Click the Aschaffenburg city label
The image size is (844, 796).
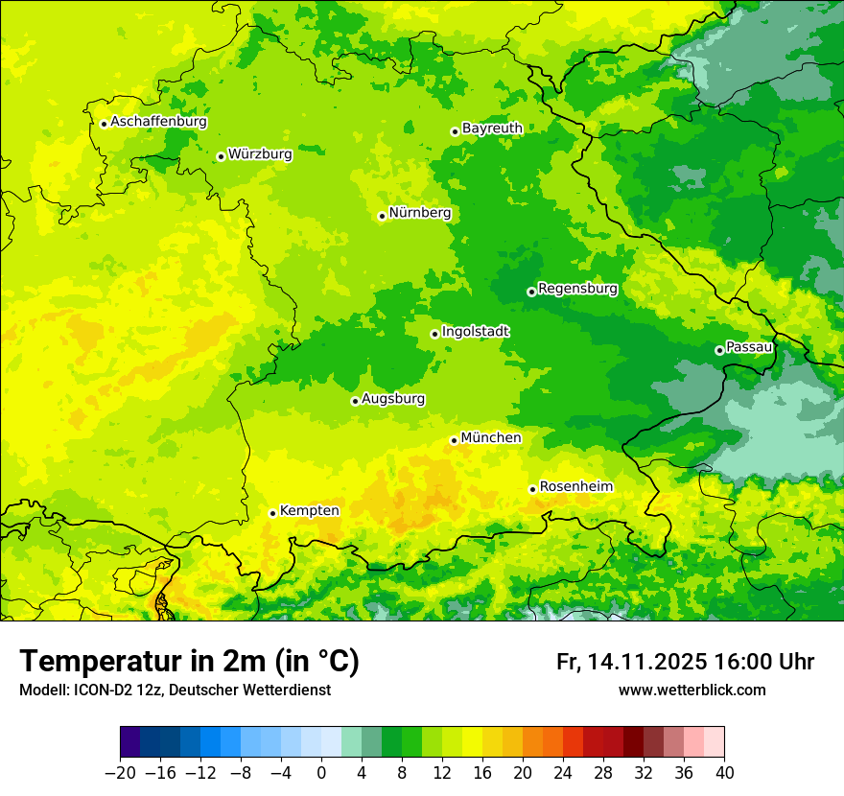tap(158, 122)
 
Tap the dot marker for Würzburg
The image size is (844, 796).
tap(221, 156)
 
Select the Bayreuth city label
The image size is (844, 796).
tap(492, 128)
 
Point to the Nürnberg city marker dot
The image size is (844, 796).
tap(382, 216)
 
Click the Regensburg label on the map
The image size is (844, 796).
tap(577, 288)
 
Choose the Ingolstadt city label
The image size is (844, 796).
tap(475, 331)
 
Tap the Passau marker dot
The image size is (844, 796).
tap(719, 350)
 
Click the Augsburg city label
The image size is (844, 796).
tap(393, 398)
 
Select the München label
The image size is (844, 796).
tap(491, 437)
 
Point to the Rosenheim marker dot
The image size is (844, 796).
tap(532, 489)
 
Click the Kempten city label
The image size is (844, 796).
tap(309, 511)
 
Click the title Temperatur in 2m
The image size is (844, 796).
tap(189, 661)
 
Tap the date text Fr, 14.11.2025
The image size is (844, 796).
tap(632, 662)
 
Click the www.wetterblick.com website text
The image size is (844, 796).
tap(692, 690)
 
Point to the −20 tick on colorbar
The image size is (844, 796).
tap(120, 772)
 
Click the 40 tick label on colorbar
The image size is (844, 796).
tap(724, 772)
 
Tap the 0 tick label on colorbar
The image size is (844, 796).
tap(321, 772)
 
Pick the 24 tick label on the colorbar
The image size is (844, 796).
tap(563, 772)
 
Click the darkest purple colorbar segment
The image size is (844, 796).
tap(129, 742)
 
